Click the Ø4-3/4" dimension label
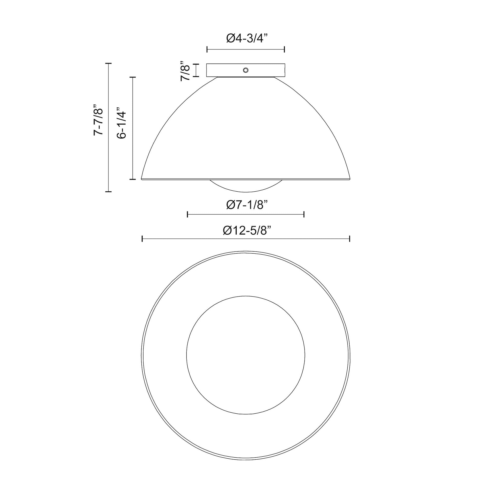coord(247,38)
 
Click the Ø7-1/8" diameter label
coord(247,205)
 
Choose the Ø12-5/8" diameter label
coord(247,231)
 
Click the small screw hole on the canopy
coord(245,70)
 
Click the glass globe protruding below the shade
coord(246,186)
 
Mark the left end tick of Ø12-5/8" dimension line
coord(142,239)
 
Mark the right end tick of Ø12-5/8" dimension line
coord(350,239)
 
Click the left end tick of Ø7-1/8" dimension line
coord(187,214)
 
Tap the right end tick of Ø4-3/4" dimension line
coord(284,49)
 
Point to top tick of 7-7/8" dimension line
coord(108,63)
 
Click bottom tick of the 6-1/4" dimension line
coord(132,179)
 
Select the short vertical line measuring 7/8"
coord(196,70)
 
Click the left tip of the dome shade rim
coord(142,179)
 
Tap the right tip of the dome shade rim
coord(350,179)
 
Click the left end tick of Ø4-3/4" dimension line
coord(207,49)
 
